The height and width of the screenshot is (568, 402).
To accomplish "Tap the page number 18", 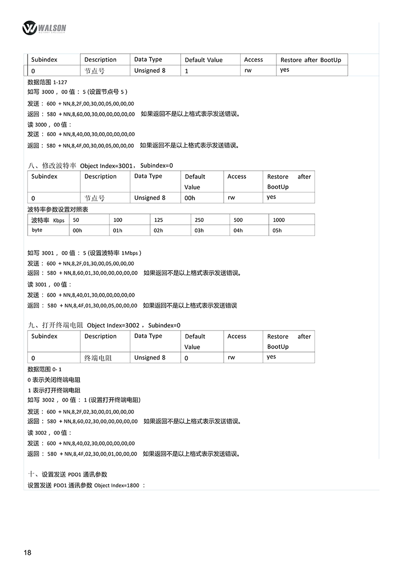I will click(27, 552).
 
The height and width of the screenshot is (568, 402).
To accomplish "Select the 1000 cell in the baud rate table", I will click(278, 220).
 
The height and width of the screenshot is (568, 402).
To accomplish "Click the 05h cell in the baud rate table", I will click(277, 231).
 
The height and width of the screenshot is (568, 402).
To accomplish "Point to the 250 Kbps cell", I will click(199, 220).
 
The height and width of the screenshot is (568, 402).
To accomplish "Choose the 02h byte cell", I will click(158, 231).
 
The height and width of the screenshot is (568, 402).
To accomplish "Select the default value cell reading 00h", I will click(189, 198).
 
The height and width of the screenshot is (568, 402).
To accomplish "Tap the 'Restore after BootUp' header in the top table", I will click(311, 60).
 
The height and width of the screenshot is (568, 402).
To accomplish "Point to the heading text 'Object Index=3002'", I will click(113, 325).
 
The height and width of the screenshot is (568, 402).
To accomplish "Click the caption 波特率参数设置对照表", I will click(57, 209).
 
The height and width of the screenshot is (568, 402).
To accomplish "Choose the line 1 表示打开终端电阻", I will click(54, 390).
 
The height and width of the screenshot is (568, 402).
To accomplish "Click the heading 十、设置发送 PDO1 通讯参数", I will click(67, 474).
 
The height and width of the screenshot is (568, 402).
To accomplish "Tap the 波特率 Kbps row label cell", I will click(48, 220).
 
